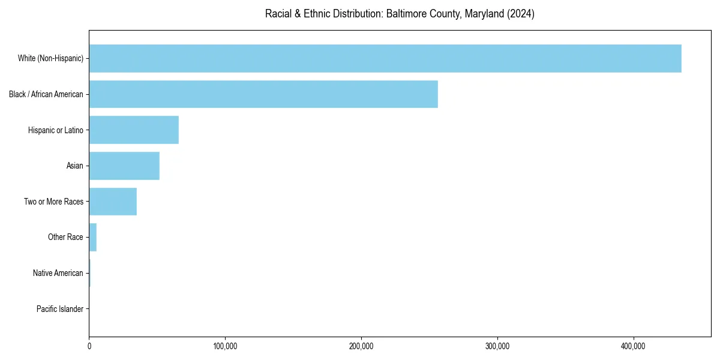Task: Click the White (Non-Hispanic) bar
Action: pyautogui.click(x=385, y=58)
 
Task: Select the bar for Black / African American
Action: pyautogui.click(x=263, y=94)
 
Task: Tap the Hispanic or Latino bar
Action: pyautogui.click(x=134, y=130)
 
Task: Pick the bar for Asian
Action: pyautogui.click(x=124, y=166)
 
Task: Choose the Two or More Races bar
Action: pyautogui.click(x=113, y=202)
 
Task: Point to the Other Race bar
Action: pyautogui.click(x=93, y=238)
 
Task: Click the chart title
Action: pyautogui.click(x=400, y=14)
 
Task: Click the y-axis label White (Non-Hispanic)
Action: pyautogui.click(x=50, y=58)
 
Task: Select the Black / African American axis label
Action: pyautogui.click(x=46, y=94)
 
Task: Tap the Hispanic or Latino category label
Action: pyautogui.click(x=56, y=130)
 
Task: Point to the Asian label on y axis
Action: pyautogui.click(x=75, y=166)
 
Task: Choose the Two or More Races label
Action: pyautogui.click(x=54, y=202)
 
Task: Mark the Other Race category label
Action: pyautogui.click(x=65, y=238)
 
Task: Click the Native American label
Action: pyautogui.click(x=58, y=273)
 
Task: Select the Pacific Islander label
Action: pyautogui.click(x=60, y=309)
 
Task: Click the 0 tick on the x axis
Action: pyautogui.click(x=89, y=346)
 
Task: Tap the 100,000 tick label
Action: pyautogui.click(x=225, y=346)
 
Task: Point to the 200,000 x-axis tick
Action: pyautogui.click(x=361, y=346)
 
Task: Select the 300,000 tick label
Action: pyautogui.click(x=497, y=346)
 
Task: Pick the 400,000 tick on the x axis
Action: pyautogui.click(x=633, y=346)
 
